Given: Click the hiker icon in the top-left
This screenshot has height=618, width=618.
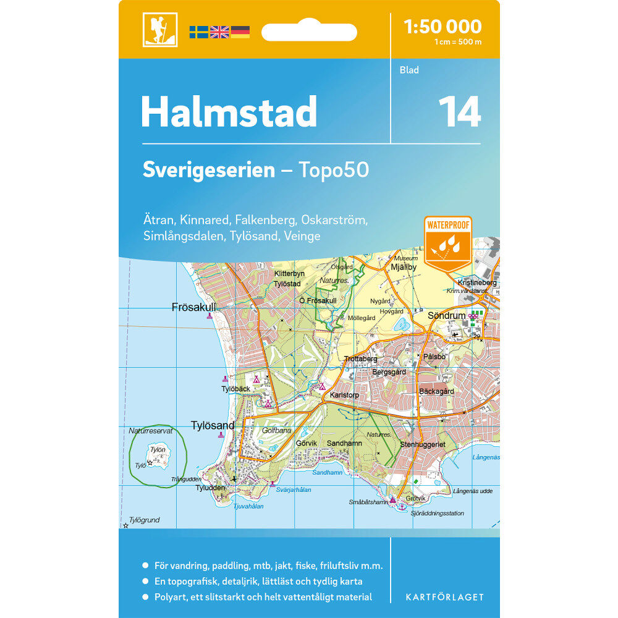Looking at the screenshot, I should click(x=160, y=30).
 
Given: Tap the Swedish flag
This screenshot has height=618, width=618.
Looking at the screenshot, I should click(x=198, y=32).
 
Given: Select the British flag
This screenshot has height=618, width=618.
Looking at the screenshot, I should click(x=219, y=32).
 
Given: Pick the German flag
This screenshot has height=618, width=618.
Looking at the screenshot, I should click(x=240, y=32).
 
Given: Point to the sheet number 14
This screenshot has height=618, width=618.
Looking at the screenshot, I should click(x=459, y=112).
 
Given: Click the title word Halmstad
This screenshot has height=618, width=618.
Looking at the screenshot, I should click(x=229, y=112).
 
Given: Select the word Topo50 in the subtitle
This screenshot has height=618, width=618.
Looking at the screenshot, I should click(x=334, y=170).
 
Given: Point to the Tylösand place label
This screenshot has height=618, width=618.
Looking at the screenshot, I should click(x=213, y=426).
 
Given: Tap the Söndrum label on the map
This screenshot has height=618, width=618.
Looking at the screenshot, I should click(x=446, y=316).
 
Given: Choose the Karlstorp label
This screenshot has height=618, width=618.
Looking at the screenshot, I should click(x=345, y=395).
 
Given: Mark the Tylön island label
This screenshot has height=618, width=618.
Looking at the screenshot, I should click(x=158, y=449).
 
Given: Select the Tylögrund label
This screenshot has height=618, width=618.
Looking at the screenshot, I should click(x=145, y=520).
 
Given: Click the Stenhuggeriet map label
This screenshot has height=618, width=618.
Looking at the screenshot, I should click(x=423, y=444).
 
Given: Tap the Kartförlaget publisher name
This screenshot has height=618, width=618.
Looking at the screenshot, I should click(x=444, y=597).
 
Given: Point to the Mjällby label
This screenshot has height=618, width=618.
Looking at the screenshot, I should click(x=404, y=267).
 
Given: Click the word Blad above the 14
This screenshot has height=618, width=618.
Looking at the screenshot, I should click(x=409, y=70).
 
